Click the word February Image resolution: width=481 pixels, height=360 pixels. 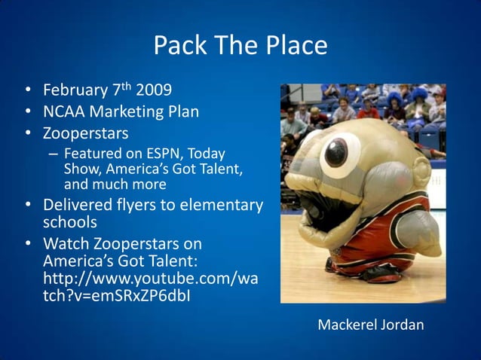tap(75, 91)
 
